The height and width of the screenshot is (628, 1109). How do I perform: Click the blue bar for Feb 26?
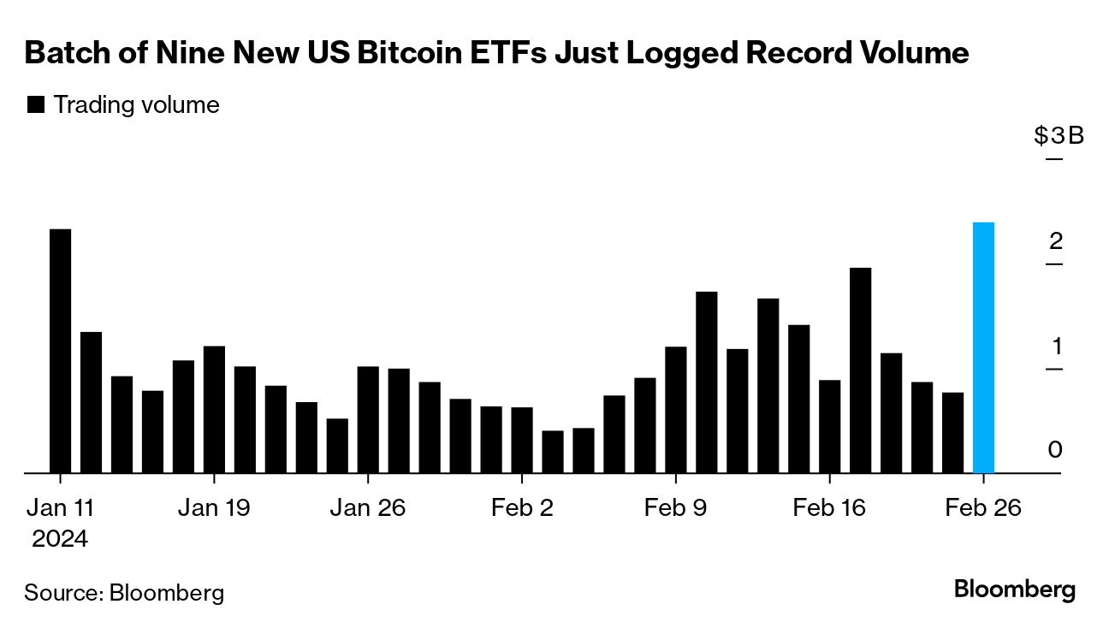click(x=983, y=347)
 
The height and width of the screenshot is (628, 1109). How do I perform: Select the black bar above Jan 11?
click(x=60, y=351)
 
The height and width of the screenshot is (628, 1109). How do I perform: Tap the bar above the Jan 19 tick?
click(x=214, y=409)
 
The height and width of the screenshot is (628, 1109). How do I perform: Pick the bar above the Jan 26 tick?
click(x=368, y=419)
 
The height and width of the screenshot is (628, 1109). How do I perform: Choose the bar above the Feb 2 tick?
click(x=522, y=440)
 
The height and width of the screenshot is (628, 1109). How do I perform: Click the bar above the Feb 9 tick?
click(x=676, y=409)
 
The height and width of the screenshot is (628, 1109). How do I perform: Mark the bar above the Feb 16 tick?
click(x=829, y=426)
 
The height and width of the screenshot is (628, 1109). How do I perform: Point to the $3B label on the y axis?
click(x=1059, y=136)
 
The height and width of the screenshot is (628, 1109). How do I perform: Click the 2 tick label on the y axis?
click(x=1056, y=241)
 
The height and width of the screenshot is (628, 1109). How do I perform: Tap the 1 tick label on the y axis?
click(x=1056, y=347)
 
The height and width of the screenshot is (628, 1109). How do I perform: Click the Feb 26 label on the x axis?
click(x=983, y=507)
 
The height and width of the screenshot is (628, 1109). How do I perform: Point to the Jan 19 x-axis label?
click(x=214, y=507)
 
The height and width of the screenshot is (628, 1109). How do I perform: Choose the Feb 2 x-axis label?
click(x=522, y=507)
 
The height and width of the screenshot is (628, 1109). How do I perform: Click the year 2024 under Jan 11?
click(x=60, y=539)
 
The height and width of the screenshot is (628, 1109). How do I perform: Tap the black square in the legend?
click(x=36, y=105)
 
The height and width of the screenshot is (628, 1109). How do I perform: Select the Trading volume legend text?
click(x=137, y=105)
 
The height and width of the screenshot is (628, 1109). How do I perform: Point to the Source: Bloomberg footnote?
click(x=124, y=592)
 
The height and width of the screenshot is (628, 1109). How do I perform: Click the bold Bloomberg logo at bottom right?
click(x=1014, y=589)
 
